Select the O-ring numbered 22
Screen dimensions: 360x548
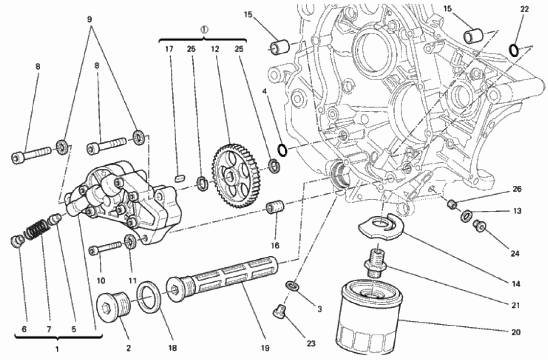coord(514,49)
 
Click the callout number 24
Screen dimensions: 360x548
coord(514,254)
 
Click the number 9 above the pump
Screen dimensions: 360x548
coord(90,19)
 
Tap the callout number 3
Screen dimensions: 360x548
coord(319,309)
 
